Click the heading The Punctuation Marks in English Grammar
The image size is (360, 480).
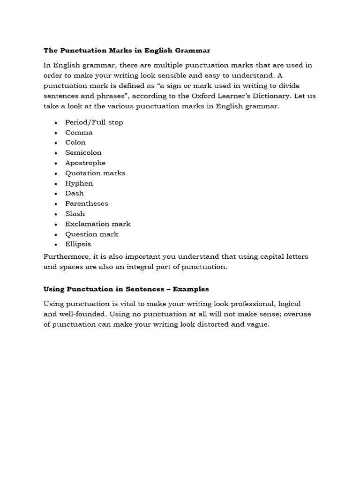coord(127,50)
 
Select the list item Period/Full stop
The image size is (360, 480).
coord(94,122)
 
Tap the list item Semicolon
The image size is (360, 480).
coord(83,153)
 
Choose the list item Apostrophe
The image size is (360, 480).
coord(85,163)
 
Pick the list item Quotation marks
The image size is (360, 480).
coord(95,173)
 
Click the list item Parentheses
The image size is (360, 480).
coord(87,203)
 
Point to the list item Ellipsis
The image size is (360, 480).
coord(78,244)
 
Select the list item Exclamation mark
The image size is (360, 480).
coord(98,224)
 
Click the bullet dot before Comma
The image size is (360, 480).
coord(56,133)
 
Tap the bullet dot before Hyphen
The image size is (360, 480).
coord(56,184)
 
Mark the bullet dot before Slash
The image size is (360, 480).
coord(56,214)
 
